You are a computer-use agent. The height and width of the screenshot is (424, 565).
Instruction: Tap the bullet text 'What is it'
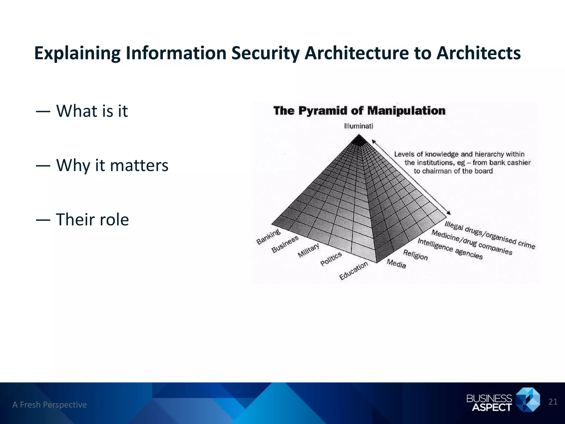[92, 111]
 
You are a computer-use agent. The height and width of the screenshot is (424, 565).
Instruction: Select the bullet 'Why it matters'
[112, 165]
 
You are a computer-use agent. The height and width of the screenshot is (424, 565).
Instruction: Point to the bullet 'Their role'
[92, 220]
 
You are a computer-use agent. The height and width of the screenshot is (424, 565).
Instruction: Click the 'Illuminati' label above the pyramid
[358, 126]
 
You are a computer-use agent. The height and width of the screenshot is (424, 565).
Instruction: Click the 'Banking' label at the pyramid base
[268, 237]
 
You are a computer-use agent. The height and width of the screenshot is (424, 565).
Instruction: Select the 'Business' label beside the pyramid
[285, 244]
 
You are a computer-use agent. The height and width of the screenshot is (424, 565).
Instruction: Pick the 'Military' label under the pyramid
[308, 250]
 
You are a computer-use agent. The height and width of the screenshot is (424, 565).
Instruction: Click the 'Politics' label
[331, 259]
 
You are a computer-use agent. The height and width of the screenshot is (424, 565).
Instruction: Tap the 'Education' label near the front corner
[353, 270]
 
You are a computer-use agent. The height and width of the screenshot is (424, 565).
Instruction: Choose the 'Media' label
[396, 264]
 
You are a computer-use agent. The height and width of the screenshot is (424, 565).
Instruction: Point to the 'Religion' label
[415, 255]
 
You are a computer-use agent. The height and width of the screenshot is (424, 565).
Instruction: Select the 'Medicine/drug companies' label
[472, 242]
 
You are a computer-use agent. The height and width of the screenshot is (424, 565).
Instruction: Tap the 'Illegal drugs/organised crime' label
[490, 235]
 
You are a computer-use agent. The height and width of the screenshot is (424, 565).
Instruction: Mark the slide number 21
[553, 402]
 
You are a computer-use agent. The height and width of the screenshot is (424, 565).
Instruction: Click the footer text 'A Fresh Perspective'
[49, 405]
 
